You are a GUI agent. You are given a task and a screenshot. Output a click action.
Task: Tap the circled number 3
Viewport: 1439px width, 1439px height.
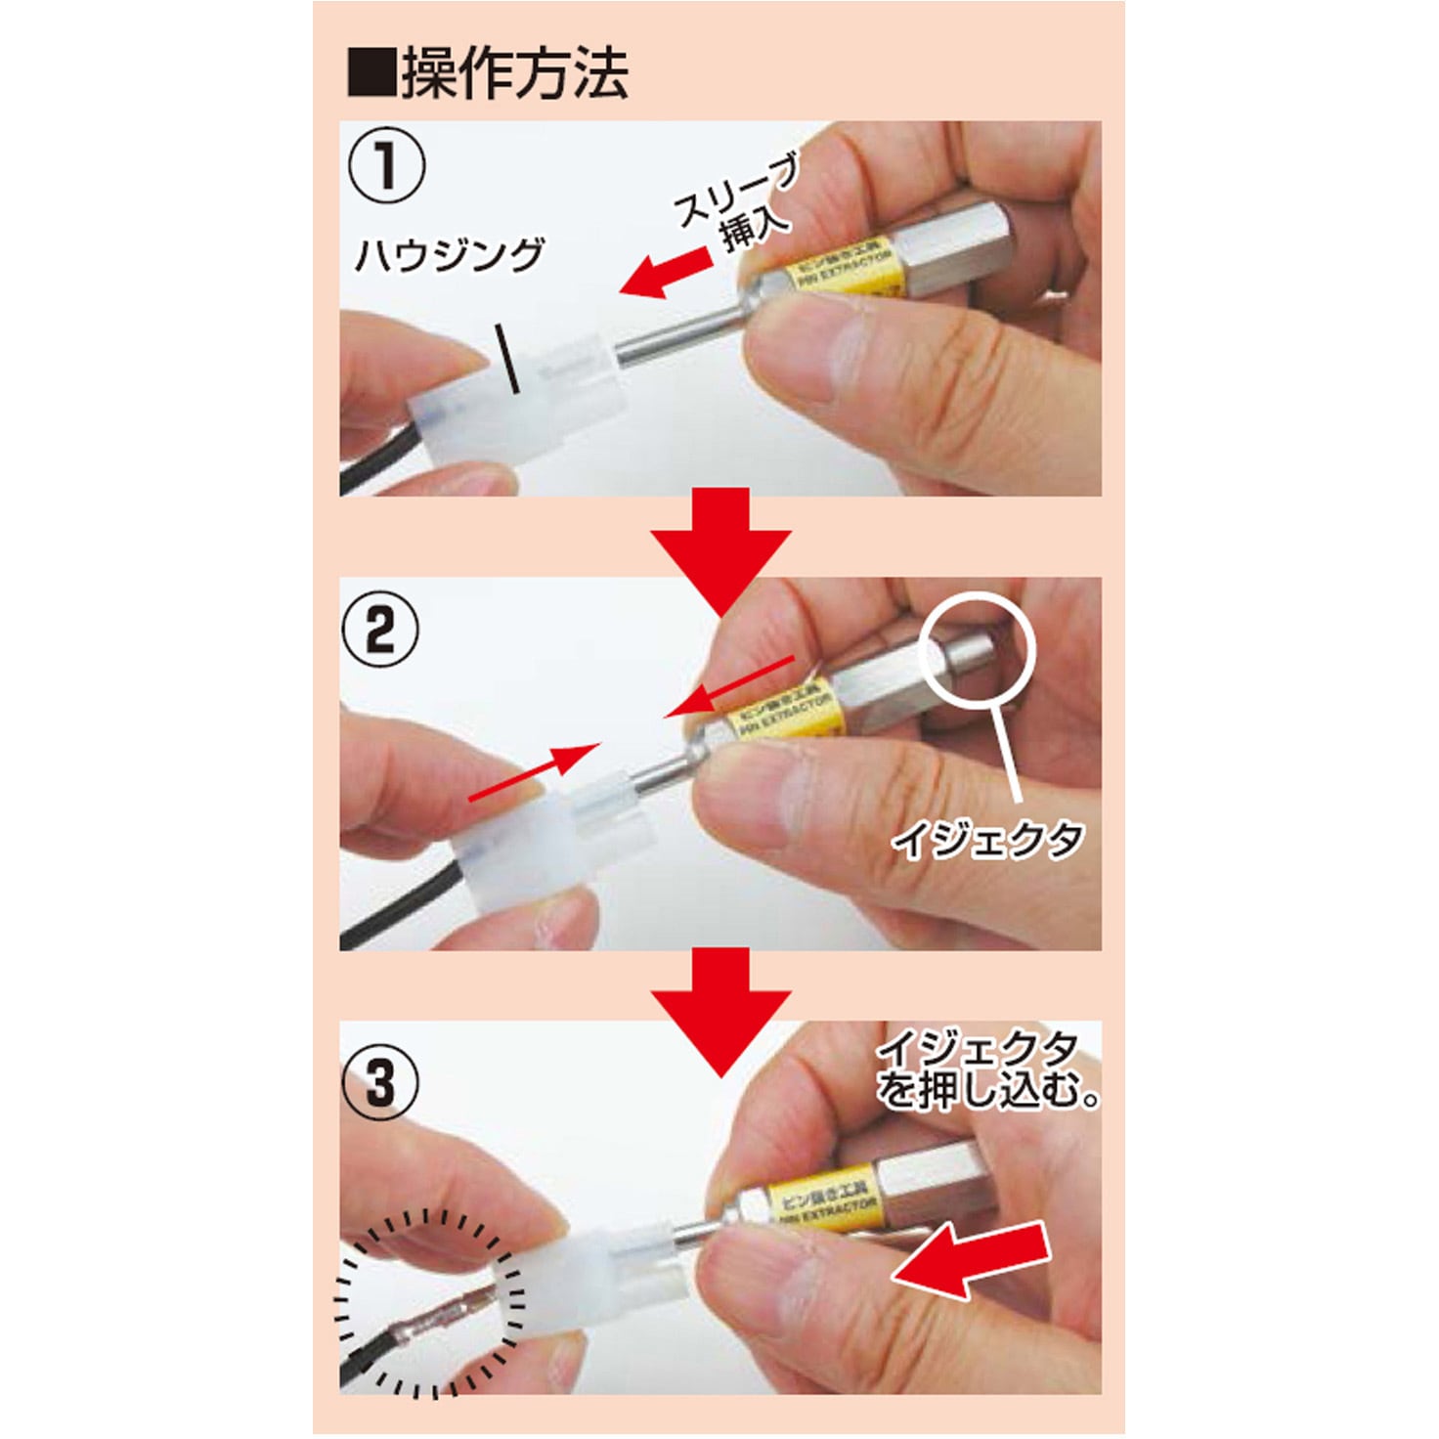click(380, 1082)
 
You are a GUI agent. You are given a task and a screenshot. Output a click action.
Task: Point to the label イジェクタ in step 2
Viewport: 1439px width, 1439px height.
click(987, 839)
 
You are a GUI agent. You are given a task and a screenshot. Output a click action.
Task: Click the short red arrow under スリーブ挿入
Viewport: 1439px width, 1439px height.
click(667, 274)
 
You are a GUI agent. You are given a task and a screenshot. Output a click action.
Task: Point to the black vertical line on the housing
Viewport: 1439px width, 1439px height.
click(507, 359)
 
